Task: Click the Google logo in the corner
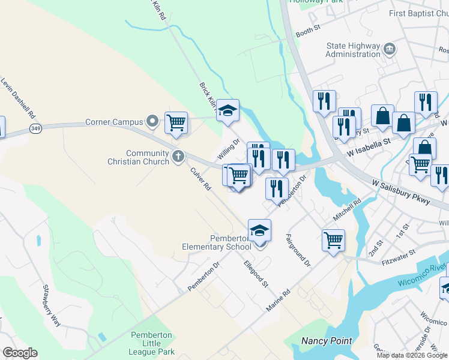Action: coord(20,353)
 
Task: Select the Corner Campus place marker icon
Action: coord(153,122)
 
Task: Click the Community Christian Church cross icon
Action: coord(178,157)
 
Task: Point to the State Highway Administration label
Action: coord(353,50)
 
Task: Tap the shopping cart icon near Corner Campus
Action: coord(176,122)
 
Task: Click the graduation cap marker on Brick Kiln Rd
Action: coord(228,110)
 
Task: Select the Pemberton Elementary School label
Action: coord(217,242)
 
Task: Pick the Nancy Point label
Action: coord(326,341)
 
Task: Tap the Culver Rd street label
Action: coord(201,178)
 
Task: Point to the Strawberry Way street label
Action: coord(51,305)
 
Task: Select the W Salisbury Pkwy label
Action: coord(401,191)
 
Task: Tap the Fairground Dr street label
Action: coord(298,250)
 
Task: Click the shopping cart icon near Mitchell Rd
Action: coord(333,239)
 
